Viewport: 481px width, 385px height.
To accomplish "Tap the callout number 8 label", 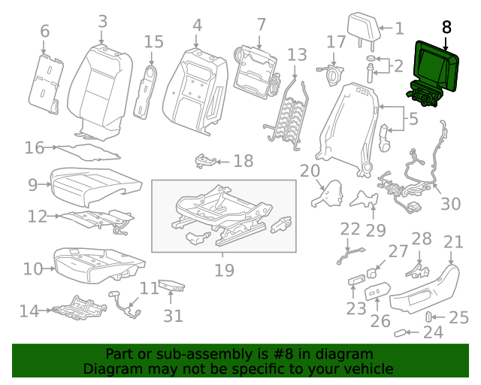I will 447,27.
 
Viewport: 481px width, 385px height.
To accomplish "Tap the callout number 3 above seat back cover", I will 102,23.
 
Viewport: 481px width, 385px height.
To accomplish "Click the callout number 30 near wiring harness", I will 449,203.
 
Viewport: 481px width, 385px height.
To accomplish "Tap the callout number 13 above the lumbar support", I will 298,55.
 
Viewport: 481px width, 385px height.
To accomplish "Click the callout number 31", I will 174,316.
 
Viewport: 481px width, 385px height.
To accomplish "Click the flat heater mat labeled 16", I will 89,151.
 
